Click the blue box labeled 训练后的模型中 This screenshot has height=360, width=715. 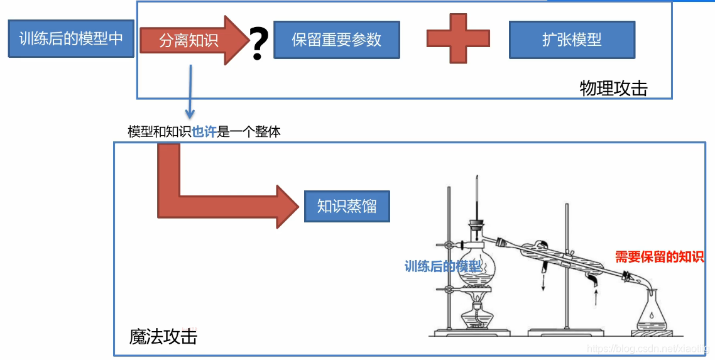[x=71, y=39]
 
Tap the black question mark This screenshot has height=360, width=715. [x=258, y=45]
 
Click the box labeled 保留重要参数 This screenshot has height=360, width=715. [x=337, y=40]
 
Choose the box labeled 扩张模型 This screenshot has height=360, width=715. [x=572, y=40]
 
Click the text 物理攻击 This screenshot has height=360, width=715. [x=613, y=89]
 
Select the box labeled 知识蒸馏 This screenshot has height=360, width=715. [x=347, y=206]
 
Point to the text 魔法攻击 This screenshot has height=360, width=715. [x=163, y=337]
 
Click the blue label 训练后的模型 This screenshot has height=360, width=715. [x=443, y=266]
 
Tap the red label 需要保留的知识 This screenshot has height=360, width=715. [x=659, y=256]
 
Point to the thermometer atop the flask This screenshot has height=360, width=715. [x=478, y=198]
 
